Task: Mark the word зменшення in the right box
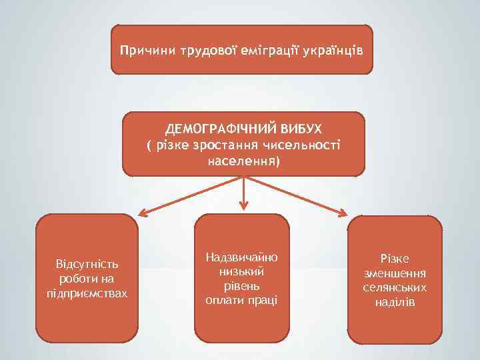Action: tap(395, 273)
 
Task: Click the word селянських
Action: tap(395, 287)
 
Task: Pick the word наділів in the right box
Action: tap(395, 302)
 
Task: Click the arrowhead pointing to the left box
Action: tap(143, 213)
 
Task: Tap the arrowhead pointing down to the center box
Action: tap(244, 205)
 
